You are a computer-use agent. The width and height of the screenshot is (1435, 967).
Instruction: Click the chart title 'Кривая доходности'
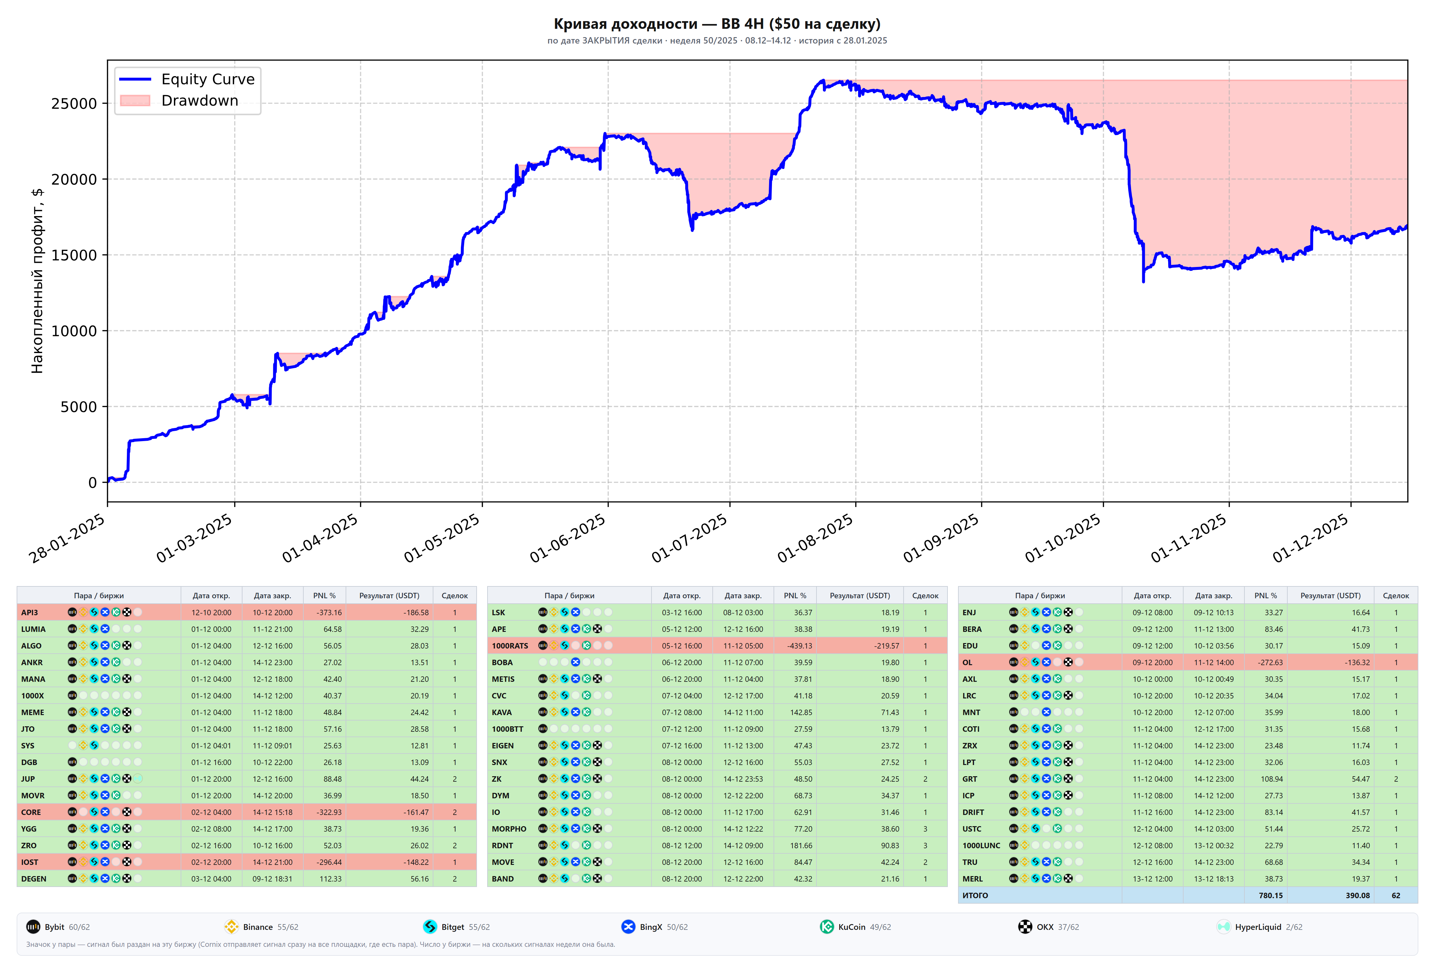[625, 24]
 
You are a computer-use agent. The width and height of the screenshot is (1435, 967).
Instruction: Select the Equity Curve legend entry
[187, 79]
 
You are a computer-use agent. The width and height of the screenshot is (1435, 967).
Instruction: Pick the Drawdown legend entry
[179, 101]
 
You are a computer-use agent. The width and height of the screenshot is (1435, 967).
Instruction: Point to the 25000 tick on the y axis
[74, 104]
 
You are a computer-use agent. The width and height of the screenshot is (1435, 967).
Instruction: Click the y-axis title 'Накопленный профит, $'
[37, 281]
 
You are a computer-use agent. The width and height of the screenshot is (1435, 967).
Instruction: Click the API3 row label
[29, 612]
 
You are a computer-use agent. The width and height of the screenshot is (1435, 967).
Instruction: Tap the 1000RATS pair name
[510, 646]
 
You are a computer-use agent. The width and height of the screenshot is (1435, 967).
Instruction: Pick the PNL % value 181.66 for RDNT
[801, 845]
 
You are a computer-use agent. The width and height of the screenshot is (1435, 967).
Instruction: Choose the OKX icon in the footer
[1025, 927]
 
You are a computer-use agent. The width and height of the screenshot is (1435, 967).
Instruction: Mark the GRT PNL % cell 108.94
[1272, 779]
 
